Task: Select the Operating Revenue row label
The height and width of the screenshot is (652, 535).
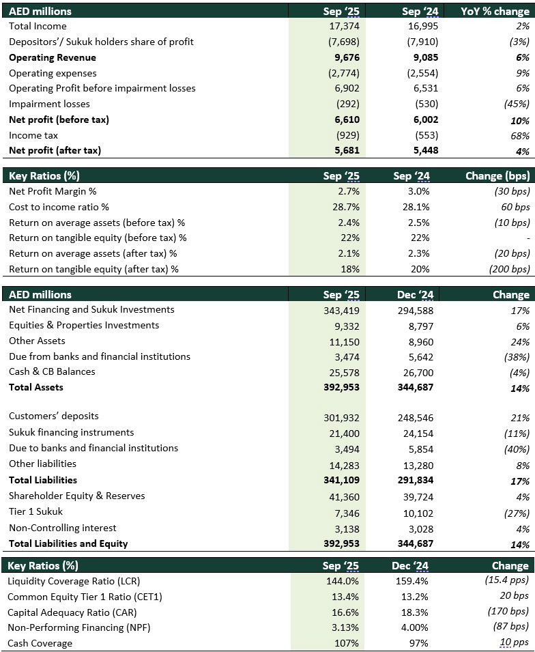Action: [x=53, y=57]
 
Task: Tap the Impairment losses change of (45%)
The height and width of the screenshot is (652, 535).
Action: [x=515, y=104]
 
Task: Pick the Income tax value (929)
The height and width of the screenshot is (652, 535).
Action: [x=347, y=135]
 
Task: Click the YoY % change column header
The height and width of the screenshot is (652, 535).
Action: [x=495, y=11]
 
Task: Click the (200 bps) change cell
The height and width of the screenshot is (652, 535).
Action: [x=510, y=269]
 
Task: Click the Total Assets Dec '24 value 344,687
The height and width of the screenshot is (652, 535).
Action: [x=416, y=387]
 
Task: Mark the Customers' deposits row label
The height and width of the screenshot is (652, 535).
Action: [x=54, y=416]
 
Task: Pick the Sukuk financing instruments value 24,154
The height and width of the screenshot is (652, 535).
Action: [x=418, y=433]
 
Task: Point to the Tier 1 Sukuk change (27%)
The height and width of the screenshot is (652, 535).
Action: [x=515, y=513]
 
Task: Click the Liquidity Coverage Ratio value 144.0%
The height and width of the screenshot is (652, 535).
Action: [x=343, y=581]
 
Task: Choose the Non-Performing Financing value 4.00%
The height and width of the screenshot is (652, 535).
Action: [x=414, y=627]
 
